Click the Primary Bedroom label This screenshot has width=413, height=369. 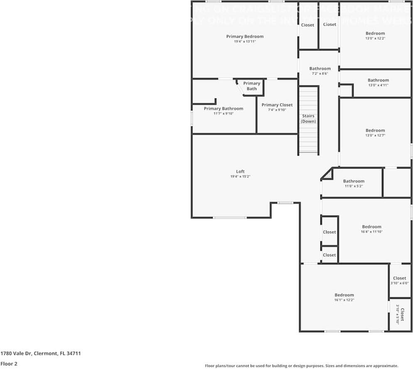(245, 37)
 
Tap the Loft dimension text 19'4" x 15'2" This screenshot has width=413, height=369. (240, 176)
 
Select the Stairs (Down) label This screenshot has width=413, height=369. (308, 119)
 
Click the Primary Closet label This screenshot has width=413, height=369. (277, 105)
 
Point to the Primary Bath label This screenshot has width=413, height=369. (252, 86)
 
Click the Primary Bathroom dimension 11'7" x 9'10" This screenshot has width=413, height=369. (224, 113)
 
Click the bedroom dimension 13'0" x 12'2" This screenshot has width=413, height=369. (375, 38)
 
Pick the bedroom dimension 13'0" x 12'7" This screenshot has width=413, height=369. (375, 135)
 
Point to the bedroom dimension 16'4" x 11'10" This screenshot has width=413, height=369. (371, 232)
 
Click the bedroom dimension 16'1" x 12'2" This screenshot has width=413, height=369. (344, 300)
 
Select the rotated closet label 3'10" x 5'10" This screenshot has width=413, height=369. (397, 315)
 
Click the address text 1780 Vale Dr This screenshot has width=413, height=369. (40, 354)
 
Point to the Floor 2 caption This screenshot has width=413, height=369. (9, 364)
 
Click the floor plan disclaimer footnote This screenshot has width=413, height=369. (302, 366)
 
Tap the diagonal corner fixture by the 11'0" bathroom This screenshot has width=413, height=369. (328, 175)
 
